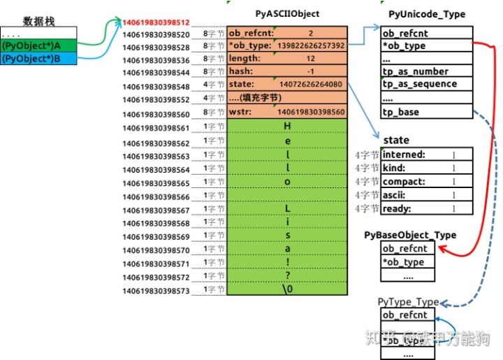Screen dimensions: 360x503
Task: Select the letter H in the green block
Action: [x=286, y=126]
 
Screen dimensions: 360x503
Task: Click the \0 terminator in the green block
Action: [x=286, y=288]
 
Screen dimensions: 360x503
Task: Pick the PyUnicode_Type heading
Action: [x=426, y=14]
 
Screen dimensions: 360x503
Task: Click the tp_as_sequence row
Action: [x=419, y=84]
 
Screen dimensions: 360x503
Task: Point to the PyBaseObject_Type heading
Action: [x=410, y=235]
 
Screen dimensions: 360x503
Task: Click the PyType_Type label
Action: [x=409, y=302]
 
